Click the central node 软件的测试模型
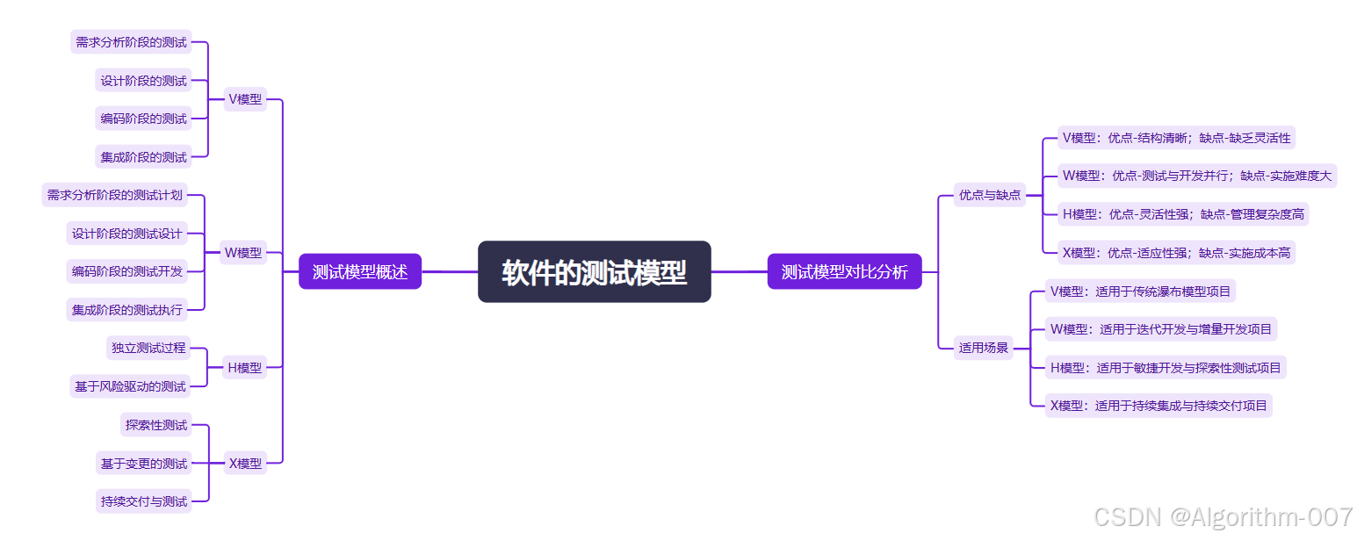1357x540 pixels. (x=594, y=272)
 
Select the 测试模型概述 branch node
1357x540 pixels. (x=360, y=272)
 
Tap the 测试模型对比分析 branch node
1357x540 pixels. (x=844, y=272)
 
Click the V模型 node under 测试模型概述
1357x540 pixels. (x=245, y=99)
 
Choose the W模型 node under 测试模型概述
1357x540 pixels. (x=243, y=253)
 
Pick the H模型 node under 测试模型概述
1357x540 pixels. (x=245, y=367)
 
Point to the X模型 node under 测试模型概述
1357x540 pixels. (x=245, y=463)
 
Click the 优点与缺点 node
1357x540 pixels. (x=990, y=195)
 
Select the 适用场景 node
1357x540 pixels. (x=984, y=348)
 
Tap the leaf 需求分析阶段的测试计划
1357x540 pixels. (x=115, y=195)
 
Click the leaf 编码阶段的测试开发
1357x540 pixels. (x=127, y=271)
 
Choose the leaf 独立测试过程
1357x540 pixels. (x=148, y=348)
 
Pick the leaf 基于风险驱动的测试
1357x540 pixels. (x=130, y=385)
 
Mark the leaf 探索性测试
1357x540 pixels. (x=156, y=425)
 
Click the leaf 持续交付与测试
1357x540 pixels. (x=144, y=501)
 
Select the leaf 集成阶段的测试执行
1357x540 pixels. (x=127, y=309)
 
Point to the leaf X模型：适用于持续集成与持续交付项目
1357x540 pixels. (x=1159, y=406)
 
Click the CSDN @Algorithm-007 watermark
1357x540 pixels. (x=1223, y=517)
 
